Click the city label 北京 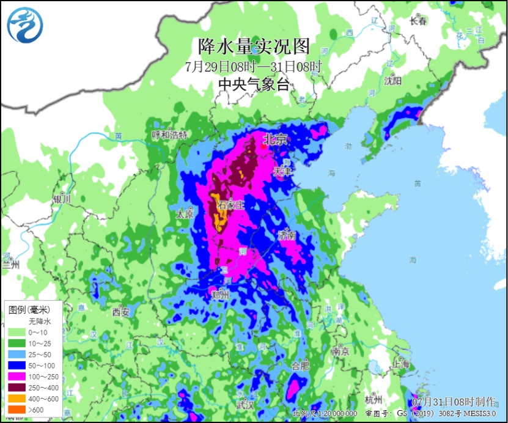tap(274, 139)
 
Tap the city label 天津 tap(282, 172)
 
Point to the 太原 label tap(185, 215)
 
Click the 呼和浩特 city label tap(169, 134)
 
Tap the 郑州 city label tap(219, 296)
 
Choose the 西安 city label tap(121, 312)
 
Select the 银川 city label tap(62, 199)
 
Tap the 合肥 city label tap(300, 366)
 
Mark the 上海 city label tap(401, 364)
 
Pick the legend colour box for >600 tap(16, 409)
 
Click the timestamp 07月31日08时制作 tap(454, 402)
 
